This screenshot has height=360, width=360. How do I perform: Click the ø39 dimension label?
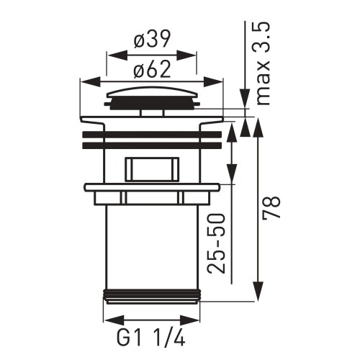click(x=151, y=41)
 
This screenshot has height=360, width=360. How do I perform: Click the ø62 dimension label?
click(x=151, y=71)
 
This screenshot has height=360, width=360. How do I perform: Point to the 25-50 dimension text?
click(x=216, y=243)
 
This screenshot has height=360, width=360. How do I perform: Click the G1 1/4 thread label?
click(x=151, y=338)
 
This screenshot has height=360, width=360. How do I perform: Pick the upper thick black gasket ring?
click(x=151, y=134)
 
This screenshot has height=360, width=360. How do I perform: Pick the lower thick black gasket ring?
click(x=151, y=145)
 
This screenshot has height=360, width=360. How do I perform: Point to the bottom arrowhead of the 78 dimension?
click(x=258, y=296)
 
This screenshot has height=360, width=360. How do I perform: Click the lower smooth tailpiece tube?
click(x=151, y=245)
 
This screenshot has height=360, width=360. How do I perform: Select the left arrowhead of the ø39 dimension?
click(x=111, y=53)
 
